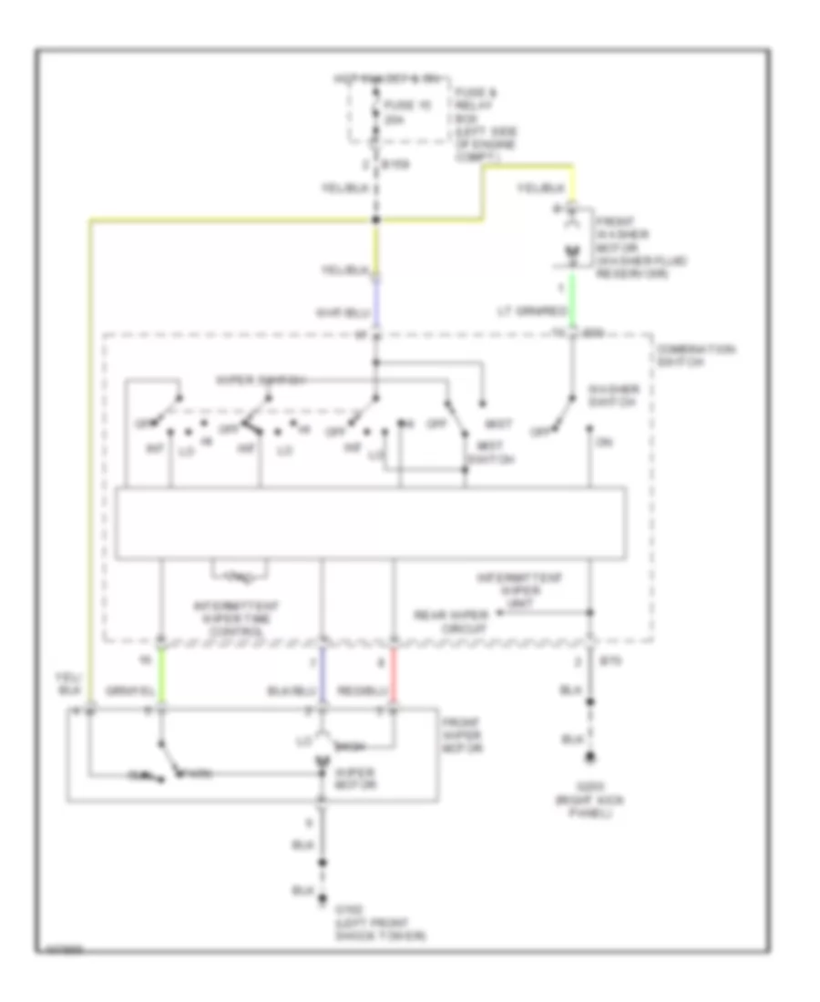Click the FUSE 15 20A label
398,112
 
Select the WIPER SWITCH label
246,378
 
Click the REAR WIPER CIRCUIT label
449,619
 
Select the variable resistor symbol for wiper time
240,575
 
